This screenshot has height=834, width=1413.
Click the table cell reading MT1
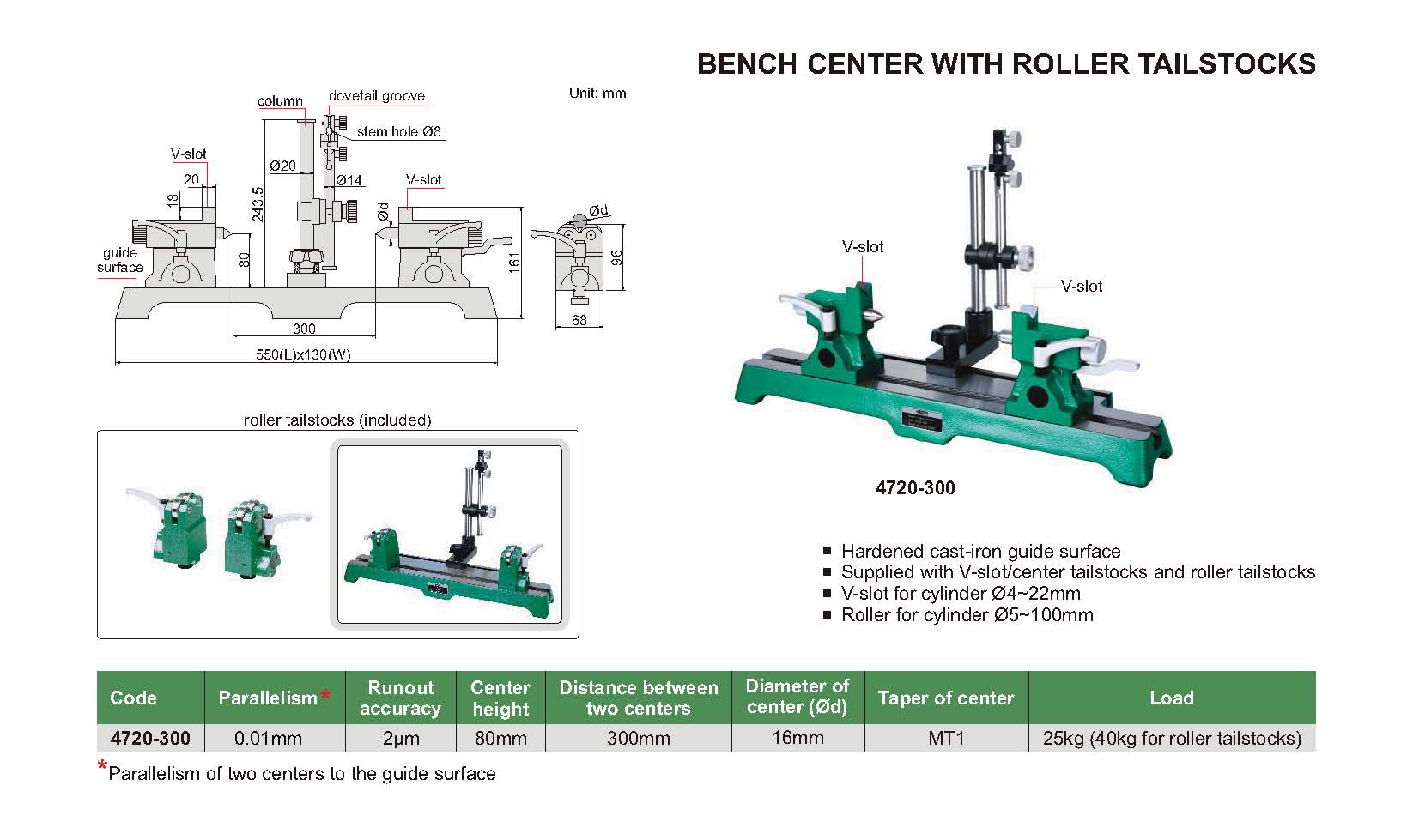click(x=946, y=739)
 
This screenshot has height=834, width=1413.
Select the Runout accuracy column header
click(x=400, y=698)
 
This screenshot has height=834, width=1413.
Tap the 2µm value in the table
click(x=400, y=739)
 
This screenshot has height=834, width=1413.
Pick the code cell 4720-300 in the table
click(x=150, y=739)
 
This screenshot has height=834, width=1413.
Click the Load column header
click(x=1171, y=698)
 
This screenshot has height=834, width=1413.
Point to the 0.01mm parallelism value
click(x=268, y=739)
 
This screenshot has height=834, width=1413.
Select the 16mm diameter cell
click(x=797, y=738)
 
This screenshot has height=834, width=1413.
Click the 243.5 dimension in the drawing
click(x=258, y=204)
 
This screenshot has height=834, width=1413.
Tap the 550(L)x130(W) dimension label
click(x=304, y=354)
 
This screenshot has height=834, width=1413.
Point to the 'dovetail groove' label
click(x=377, y=96)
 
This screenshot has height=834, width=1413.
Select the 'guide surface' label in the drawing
click(x=120, y=260)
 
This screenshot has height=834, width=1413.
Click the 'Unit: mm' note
click(x=597, y=94)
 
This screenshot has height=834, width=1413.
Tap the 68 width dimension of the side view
click(x=579, y=320)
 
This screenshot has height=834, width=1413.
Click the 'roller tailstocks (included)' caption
click(x=337, y=420)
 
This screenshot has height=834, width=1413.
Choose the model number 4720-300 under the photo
click(x=915, y=488)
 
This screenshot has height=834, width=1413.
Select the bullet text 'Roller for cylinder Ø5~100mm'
click(x=967, y=615)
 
